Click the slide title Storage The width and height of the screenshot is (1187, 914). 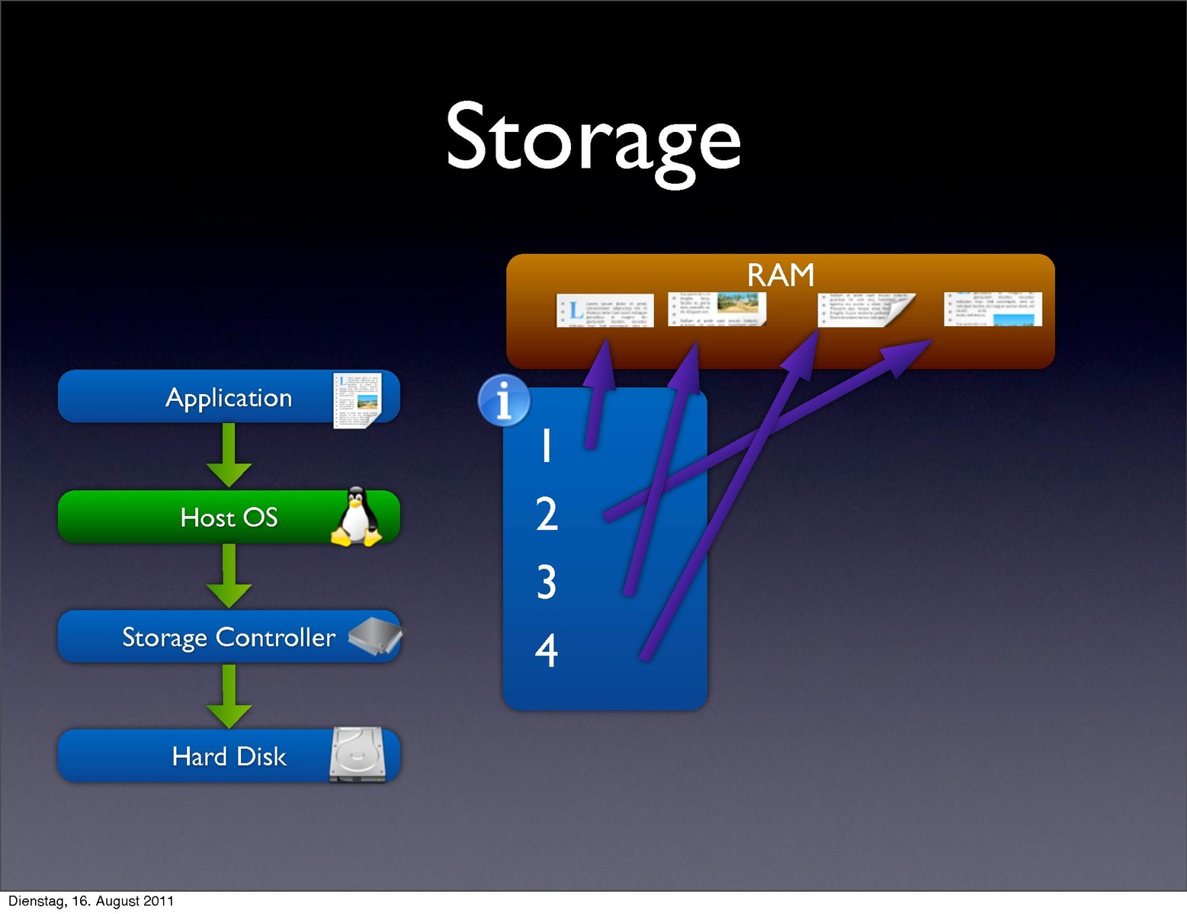pos(593,140)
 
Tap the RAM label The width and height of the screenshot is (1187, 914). pos(780,274)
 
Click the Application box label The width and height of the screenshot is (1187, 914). pos(229,397)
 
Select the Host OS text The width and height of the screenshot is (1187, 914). pos(229,518)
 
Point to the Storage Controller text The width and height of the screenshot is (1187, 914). pos(229,637)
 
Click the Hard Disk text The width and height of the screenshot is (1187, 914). pos(229,756)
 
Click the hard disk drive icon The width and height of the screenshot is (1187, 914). pos(358,755)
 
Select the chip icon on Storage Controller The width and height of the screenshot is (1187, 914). pos(374,636)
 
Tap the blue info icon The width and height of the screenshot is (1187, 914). pos(504,400)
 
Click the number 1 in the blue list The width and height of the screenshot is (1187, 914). pos(546,445)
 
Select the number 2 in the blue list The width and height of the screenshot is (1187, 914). pos(547,514)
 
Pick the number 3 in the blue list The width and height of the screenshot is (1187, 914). pos(546,582)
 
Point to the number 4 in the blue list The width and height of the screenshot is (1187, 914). pos(546,650)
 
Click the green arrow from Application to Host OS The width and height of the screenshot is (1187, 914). pos(229,456)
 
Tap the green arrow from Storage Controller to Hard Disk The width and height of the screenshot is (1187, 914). pos(229,696)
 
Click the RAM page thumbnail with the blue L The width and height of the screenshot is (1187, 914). pos(605,310)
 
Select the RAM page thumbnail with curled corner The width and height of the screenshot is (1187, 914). pos(867,310)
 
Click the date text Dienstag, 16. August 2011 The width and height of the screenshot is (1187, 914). pos(91,901)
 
